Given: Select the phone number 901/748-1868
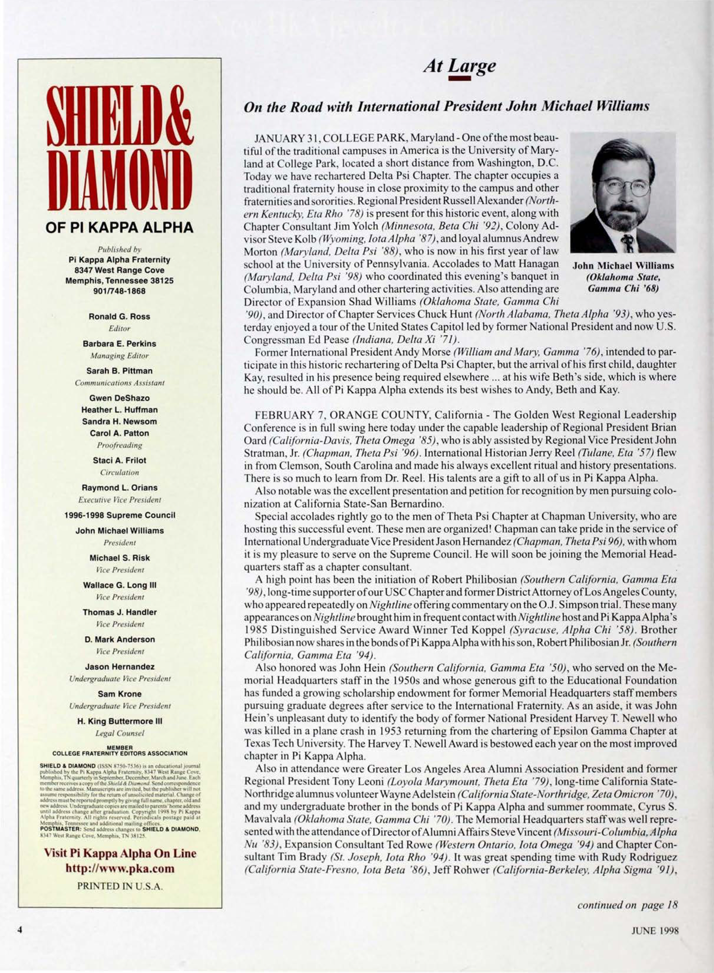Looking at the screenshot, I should pos(120,291).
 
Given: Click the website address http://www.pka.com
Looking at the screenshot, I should pos(120,868).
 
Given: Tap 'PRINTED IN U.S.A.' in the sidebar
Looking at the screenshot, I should pos(120,886).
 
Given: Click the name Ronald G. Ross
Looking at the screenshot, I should pos(120,316).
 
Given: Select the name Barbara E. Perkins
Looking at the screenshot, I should pos(120,343).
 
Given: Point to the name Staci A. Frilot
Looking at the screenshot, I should pos(120,460).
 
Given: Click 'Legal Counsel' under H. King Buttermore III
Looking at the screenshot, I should pos(120,733).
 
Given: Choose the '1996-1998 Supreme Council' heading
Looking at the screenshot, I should pos(120,515).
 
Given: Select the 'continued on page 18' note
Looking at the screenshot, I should pos(627,905).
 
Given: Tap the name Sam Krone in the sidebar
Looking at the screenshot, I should pos(120,694).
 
